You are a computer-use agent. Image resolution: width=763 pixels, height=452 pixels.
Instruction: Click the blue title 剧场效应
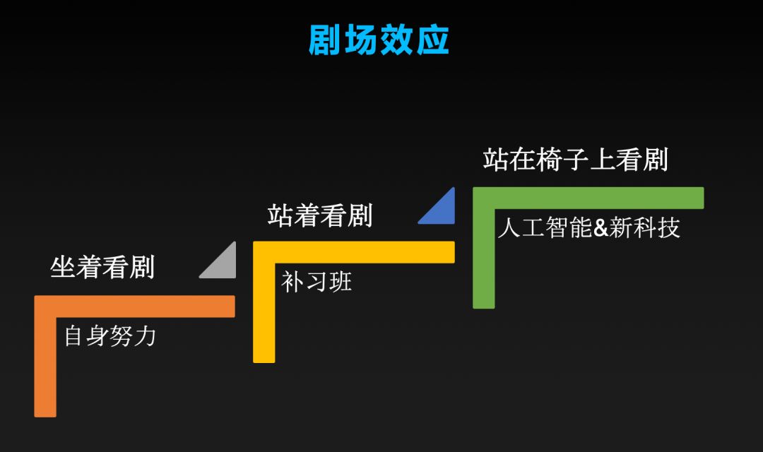pyautogui.click(x=379, y=40)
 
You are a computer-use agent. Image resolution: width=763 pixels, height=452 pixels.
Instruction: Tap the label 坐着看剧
pyautogui.click(x=102, y=268)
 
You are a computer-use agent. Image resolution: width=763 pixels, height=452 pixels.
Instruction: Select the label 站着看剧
pyautogui.click(x=320, y=215)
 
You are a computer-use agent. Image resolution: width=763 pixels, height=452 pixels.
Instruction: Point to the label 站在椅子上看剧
pyautogui.click(x=575, y=160)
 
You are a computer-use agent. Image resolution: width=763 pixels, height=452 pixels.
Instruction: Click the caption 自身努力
pyautogui.click(x=110, y=335)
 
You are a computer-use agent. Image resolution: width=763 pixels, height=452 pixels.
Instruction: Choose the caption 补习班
pyautogui.click(x=317, y=282)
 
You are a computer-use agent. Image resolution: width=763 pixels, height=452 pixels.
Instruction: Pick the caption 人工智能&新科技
pyautogui.click(x=588, y=228)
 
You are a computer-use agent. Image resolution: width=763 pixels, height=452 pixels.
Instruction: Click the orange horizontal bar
pyautogui.click(x=134, y=307)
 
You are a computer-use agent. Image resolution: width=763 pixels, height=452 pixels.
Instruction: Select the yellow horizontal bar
pyautogui.click(x=353, y=252)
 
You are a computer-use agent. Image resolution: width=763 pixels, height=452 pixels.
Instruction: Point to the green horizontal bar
pyautogui.click(x=588, y=198)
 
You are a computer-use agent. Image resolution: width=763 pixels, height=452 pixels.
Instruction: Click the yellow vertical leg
pyautogui.click(x=264, y=311)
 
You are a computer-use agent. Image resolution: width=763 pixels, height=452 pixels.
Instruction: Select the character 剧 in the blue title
pyautogui.click(x=326, y=40)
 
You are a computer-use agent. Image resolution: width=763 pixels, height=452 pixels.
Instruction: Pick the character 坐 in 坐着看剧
pyautogui.click(x=64, y=268)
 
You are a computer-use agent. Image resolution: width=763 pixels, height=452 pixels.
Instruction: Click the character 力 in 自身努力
pyautogui.click(x=144, y=335)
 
